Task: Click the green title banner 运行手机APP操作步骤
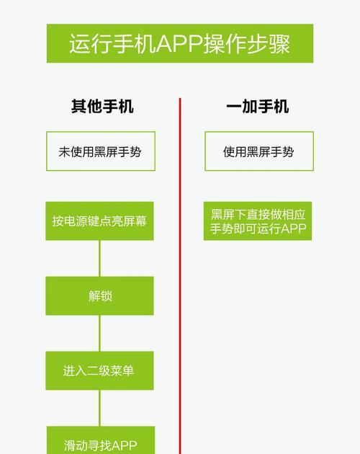click(x=180, y=43)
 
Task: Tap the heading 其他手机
click(x=102, y=106)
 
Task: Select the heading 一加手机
click(x=258, y=106)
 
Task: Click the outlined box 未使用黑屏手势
click(x=101, y=151)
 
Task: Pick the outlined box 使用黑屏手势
click(x=259, y=151)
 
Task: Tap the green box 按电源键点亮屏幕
click(x=99, y=221)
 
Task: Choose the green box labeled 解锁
click(x=99, y=296)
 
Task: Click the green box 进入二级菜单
click(x=99, y=370)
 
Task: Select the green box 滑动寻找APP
click(x=101, y=440)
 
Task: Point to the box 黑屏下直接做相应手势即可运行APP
click(x=258, y=221)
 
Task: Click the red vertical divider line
click(x=180, y=276)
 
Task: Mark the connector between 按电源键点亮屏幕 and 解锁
click(x=99, y=259)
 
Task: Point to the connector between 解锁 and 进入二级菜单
click(x=99, y=333)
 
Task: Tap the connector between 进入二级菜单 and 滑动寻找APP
click(x=99, y=409)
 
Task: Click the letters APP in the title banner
click(x=179, y=44)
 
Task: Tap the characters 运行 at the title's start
click(x=91, y=44)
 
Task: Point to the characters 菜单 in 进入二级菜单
click(x=122, y=370)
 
